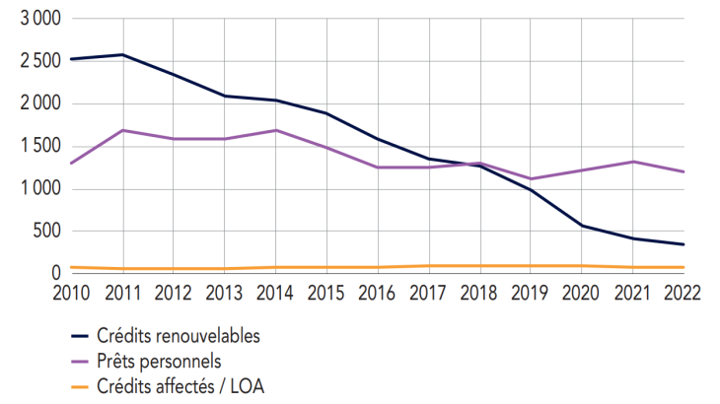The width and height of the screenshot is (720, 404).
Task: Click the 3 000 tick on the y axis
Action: (39, 19)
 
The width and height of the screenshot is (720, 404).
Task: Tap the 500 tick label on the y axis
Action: (46, 232)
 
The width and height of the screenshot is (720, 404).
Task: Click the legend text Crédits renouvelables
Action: (179, 336)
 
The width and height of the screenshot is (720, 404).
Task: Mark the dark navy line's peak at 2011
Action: (121, 54)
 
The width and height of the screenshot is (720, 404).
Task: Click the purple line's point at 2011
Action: (121, 130)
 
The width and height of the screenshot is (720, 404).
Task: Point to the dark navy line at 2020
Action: (582, 226)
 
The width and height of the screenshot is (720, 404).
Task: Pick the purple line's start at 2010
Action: (71, 164)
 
